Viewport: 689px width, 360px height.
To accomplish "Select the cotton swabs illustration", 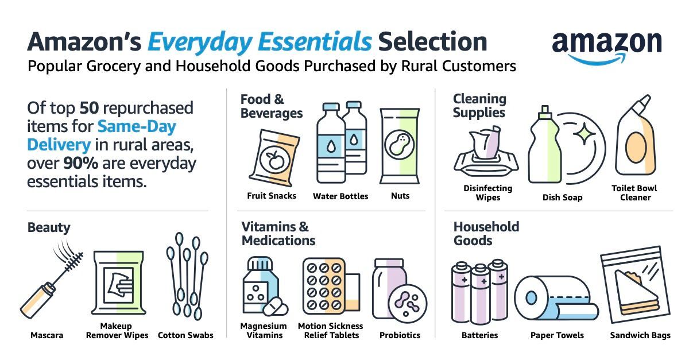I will [187, 276].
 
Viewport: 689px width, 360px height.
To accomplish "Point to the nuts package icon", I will [397, 146].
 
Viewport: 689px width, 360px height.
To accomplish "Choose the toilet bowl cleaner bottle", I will [636, 138].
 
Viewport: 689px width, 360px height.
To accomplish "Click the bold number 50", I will [89, 108].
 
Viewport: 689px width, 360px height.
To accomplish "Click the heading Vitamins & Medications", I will [278, 233].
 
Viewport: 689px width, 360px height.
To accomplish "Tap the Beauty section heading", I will [49, 227].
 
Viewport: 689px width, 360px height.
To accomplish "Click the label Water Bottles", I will [340, 196].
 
